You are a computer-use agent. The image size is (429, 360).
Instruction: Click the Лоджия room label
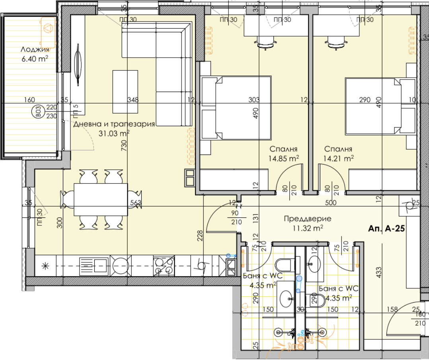[x=35, y=49]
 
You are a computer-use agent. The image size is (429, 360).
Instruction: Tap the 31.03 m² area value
[x=114, y=133]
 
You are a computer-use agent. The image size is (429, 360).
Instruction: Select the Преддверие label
[x=308, y=219]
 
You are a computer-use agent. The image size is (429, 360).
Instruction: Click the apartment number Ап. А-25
[x=386, y=229]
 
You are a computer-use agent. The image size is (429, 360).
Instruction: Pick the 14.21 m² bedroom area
[x=338, y=158]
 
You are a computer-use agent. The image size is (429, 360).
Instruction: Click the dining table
[x=101, y=200]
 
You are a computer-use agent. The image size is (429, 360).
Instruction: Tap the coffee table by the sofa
[x=125, y=92]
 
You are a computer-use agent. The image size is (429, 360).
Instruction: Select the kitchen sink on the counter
[x=94, y=266]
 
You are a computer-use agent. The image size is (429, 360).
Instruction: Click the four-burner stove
[x=164, y=266]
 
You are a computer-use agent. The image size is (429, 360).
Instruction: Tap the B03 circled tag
[x=39, y=112]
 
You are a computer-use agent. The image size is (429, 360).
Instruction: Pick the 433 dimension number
[x=379, y=272]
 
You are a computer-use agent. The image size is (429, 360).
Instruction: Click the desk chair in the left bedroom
[x=265, y=43]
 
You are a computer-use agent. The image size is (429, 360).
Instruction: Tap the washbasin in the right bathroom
[x=314, y=264]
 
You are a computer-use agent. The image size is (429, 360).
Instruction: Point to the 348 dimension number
[x=133, y=100]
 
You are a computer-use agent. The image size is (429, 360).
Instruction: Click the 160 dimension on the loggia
[x=29, y=100]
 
